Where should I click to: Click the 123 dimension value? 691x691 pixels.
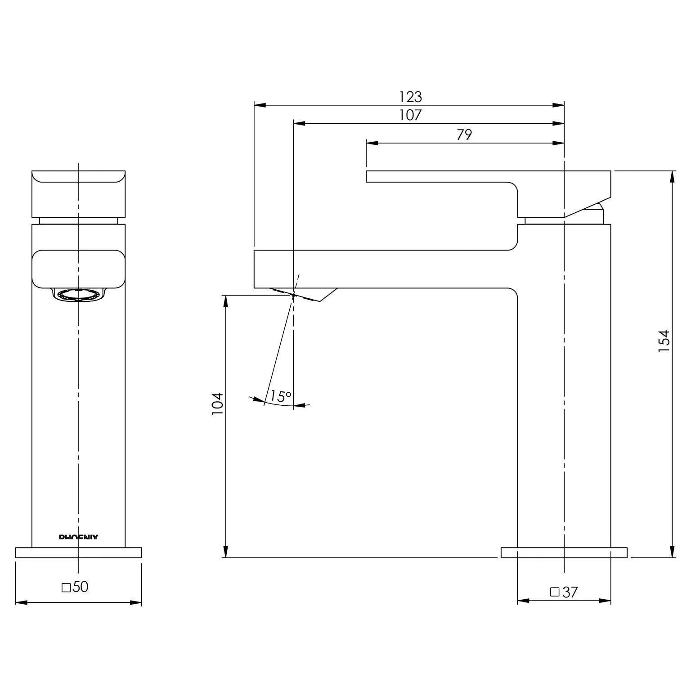tap(410, 97)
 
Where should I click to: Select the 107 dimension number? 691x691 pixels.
tap(410, 115)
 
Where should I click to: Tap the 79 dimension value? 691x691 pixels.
tap(464, 135)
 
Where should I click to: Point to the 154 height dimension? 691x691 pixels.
tap(664, 341)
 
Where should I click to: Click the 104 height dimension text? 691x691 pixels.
tap(218, 404)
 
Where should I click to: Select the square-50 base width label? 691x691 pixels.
tap(75, 587)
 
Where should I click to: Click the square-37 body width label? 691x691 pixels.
tap(564, 592)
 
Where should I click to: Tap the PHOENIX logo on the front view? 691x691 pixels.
tap(79, 537)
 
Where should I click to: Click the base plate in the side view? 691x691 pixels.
tap(564, 552)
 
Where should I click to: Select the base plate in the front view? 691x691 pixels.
tap(79, 552)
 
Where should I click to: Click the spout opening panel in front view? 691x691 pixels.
tap(78, 269)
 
